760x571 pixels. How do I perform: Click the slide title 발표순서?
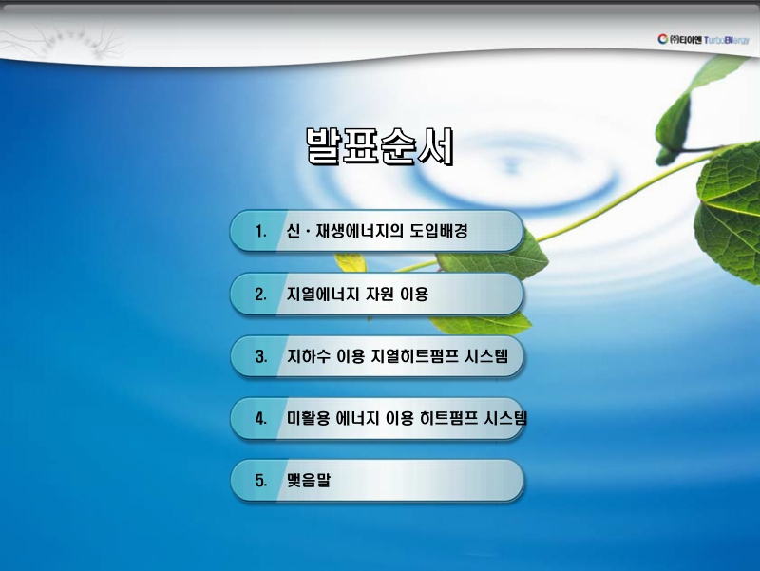(x=379, y=147)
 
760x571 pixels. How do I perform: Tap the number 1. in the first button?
(x=260, y=232)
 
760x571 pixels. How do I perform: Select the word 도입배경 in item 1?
(x=439, y=232)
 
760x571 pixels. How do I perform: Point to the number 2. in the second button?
(x=260, y=295)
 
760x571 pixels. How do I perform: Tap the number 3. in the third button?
(x=260, y=357)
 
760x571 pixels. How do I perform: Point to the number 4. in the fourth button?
(x=260, y=419)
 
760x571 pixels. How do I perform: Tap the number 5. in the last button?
(x=260, y=481)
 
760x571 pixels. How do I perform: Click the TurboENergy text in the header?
(x=728, y=39)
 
